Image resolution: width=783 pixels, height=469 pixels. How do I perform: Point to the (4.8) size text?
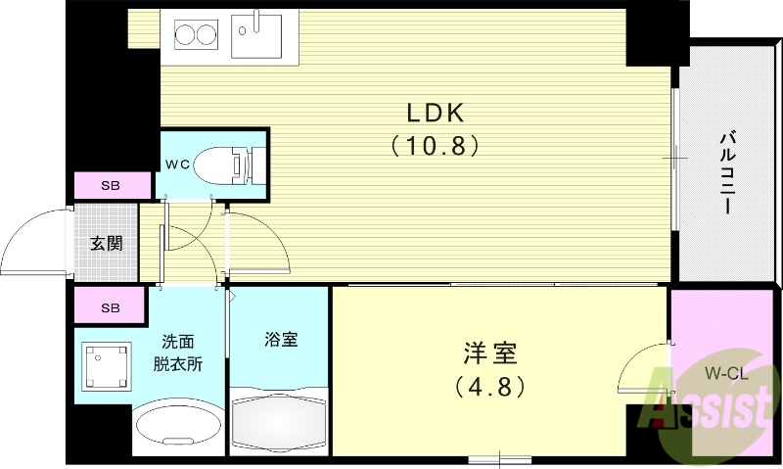[490, 386]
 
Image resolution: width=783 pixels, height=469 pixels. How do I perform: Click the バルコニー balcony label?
[729, 173]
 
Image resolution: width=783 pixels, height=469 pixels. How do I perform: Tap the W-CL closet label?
[725, 372]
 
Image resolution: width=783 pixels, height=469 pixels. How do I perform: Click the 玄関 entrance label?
[107, 243]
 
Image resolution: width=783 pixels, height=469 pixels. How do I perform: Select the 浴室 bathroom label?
[280, 340]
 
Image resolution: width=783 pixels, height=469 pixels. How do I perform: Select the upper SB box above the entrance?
[113, 185]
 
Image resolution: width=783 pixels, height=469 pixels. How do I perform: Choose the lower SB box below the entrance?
[113, 307]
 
